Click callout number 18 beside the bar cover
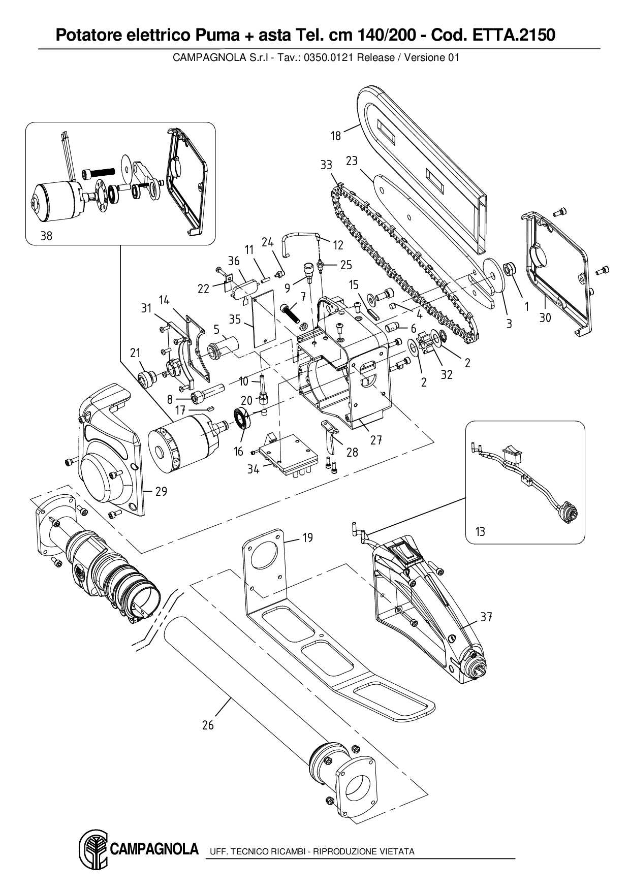click(335, 136)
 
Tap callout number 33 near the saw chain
click(326, 165)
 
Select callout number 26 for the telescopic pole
click(208, 725)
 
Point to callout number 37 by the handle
click(486, 617)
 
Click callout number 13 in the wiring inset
click(480, 531)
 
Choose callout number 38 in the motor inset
click(46, 236)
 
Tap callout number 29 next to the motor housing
click(161, 492)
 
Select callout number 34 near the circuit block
click(253, 469)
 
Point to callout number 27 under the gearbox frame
click(376, 440)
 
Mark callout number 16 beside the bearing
click(238, 451)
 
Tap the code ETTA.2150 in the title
click(514, 35)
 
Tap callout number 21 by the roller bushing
click(135, 353)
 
